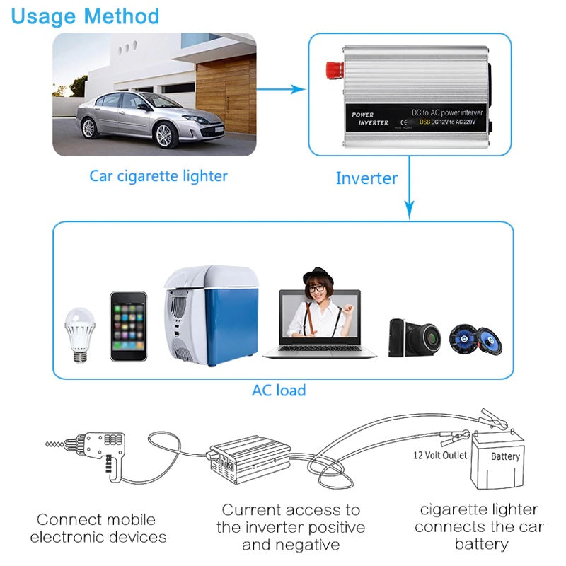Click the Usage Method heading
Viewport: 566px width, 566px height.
(85, 16)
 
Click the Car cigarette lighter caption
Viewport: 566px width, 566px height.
(158, 175)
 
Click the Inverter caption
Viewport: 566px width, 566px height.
(366, 178)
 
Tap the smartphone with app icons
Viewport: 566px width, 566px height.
(128, 326)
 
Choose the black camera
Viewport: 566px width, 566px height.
(414, 337)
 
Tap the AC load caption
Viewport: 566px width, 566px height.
(279, 390)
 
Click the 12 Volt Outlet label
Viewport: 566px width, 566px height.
(440, 455)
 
